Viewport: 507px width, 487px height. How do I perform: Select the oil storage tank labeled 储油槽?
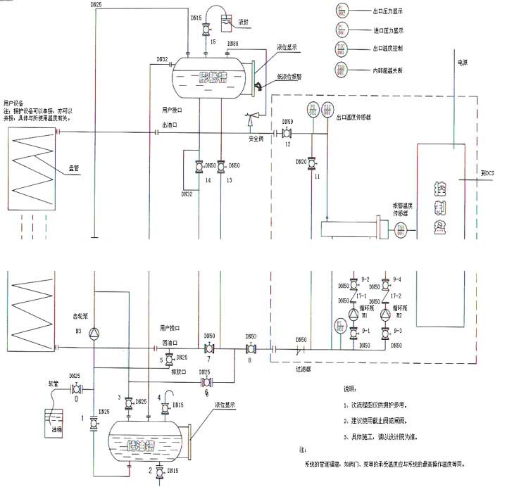click(x=147, y=444)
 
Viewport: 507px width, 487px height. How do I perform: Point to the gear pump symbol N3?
click(x=95, y=333)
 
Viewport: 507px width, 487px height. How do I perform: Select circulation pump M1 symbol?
click(x=354, y=315)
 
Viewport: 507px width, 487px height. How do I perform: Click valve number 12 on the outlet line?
click(x=287, y=132)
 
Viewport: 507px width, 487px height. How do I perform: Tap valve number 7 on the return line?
click(x=208, y=349)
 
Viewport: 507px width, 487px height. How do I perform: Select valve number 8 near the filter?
click(x=251, y=349)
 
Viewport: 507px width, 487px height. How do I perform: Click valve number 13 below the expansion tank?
click(x=221, y=166)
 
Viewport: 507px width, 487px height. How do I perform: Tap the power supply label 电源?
click(x=463, y=63)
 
